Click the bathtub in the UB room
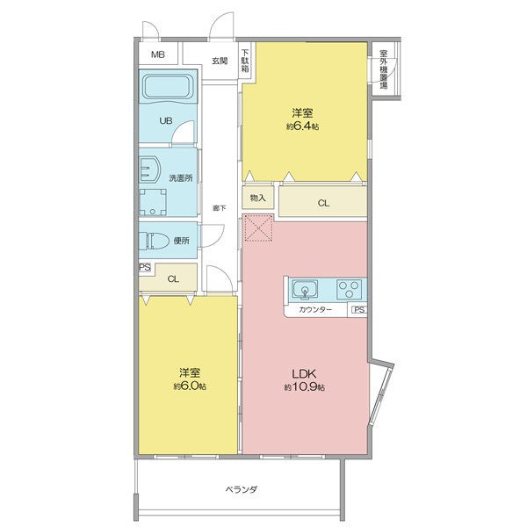(166, 87)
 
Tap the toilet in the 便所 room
(154, 241)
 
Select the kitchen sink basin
(305, 289)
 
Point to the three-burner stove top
(350, 289)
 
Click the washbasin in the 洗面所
(149, 170)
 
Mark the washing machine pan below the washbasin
(153, 202)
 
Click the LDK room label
(304, 374)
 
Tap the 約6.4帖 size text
(303, 126)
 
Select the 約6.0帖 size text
(190, 386)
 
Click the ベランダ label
(242, 489)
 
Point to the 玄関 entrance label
(220, 61)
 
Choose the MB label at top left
(157, 54)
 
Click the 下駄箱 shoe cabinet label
(245, 61)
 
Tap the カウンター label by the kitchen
(315, 309)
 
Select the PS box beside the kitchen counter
(358, 309)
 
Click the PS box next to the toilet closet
(145, 268)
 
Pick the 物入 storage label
(257, 198)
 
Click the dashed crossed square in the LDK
(258, 227)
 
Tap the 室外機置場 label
(384, 69)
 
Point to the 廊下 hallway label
(220, 208)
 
